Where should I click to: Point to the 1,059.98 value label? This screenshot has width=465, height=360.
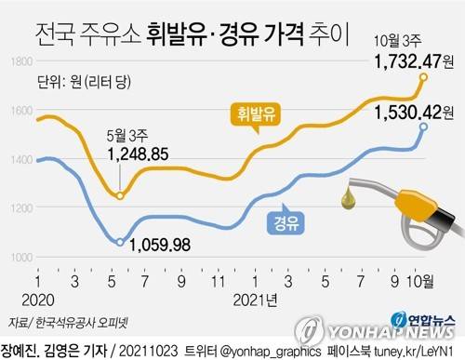(x=160, y=246)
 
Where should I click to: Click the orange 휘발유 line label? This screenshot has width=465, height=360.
(x=255, y=116)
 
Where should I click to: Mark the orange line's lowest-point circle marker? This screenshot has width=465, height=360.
(x=120, y=195)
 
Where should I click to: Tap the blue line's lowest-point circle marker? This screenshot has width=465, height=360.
(x=120, y=243)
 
